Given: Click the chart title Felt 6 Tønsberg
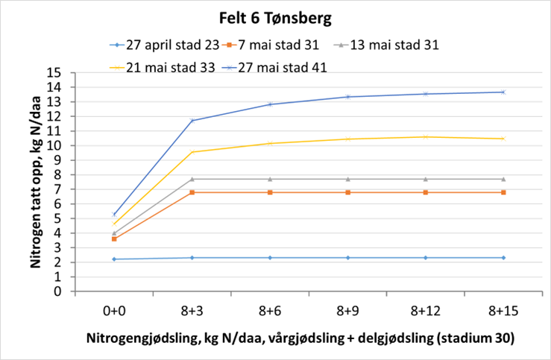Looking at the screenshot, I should coord(275,16).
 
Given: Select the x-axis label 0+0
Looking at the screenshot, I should coord(114,310).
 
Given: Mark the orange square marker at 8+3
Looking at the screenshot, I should coord(192,192).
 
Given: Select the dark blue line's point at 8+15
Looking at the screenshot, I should coord(503,92).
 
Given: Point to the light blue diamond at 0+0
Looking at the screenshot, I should coord(114,259).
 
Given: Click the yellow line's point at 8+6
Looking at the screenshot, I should coord(270,143).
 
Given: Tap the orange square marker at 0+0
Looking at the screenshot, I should coord(114,239).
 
